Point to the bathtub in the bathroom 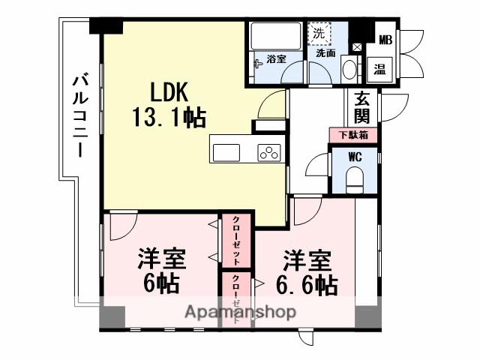[x=274, y=37]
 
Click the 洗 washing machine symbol [x=319, y=34]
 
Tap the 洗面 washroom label [x=325, y=53]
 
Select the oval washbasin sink [x=349, y=70]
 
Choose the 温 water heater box [x=380, y=69]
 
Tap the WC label [x=355, y=157]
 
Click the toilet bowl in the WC [x=355, y=178]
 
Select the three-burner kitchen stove [x=268, y=152]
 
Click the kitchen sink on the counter [x=226, y=152]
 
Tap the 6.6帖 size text [x=306, y=285]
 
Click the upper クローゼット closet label [x=236, y=241]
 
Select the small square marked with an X [x=357, y=47]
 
